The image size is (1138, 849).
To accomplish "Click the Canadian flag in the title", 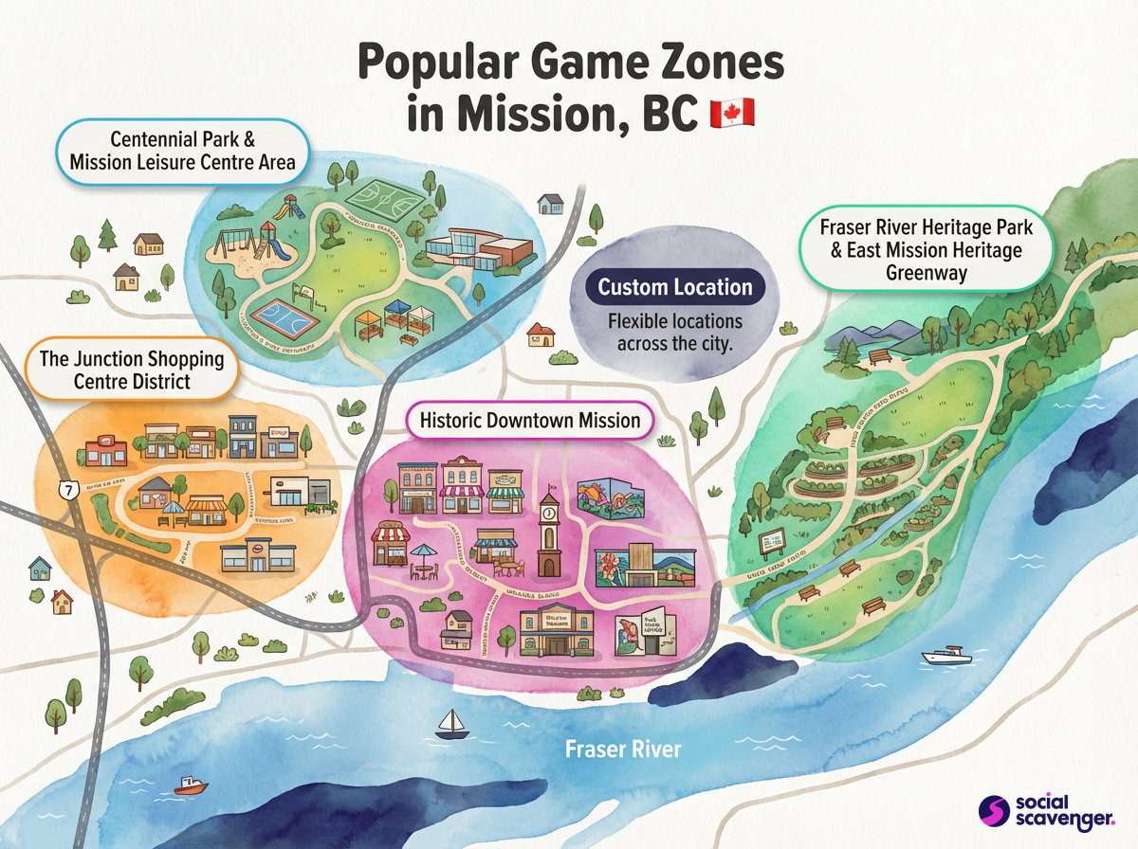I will pos(732,113).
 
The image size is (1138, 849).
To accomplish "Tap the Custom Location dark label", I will pos(674,287).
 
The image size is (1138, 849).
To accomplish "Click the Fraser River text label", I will pos(622,749).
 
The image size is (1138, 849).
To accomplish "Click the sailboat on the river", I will pos(450,725).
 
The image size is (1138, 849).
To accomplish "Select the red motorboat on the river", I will pos(191,786).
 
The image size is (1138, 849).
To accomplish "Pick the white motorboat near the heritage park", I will pos(946,656).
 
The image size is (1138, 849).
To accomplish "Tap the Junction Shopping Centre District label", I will pos(131,370).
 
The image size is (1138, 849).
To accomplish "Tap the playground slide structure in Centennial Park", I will pos(273,237).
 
